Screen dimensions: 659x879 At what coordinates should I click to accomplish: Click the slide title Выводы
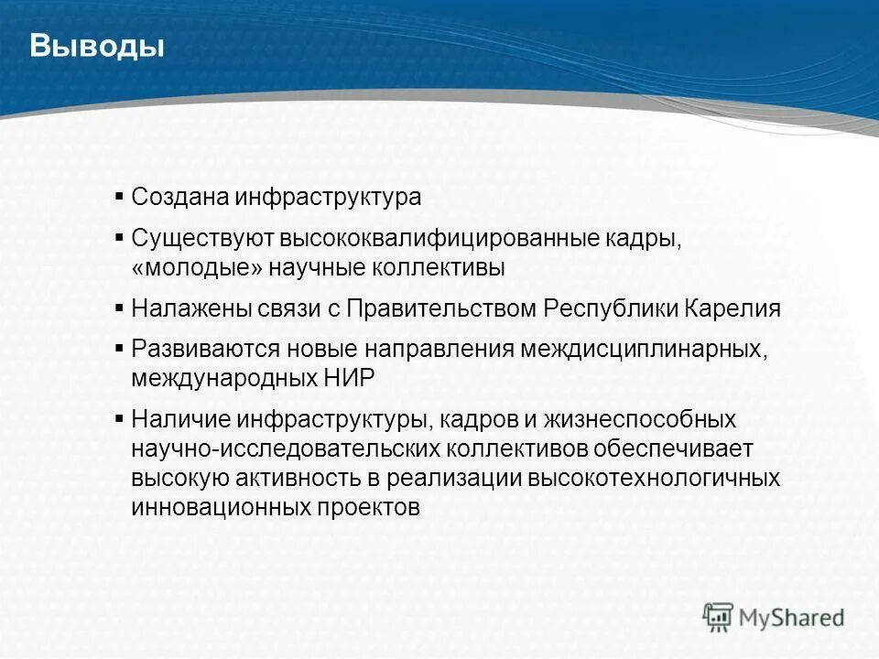tap(97, 46)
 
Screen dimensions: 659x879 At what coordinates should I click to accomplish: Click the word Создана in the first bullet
tap(179, 198)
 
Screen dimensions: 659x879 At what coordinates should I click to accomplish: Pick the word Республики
tap(612, 308)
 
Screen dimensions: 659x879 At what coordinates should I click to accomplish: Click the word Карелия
tap(733, 308)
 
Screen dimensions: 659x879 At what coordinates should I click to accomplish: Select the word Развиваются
tap(206, 350)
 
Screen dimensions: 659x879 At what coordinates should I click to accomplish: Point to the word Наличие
tap(179, 419)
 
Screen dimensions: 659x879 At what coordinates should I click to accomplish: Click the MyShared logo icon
tap(718, 617)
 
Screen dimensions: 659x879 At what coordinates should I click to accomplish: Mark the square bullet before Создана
tap(120, 196)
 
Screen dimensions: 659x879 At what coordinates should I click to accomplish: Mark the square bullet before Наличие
tap(120, 417)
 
